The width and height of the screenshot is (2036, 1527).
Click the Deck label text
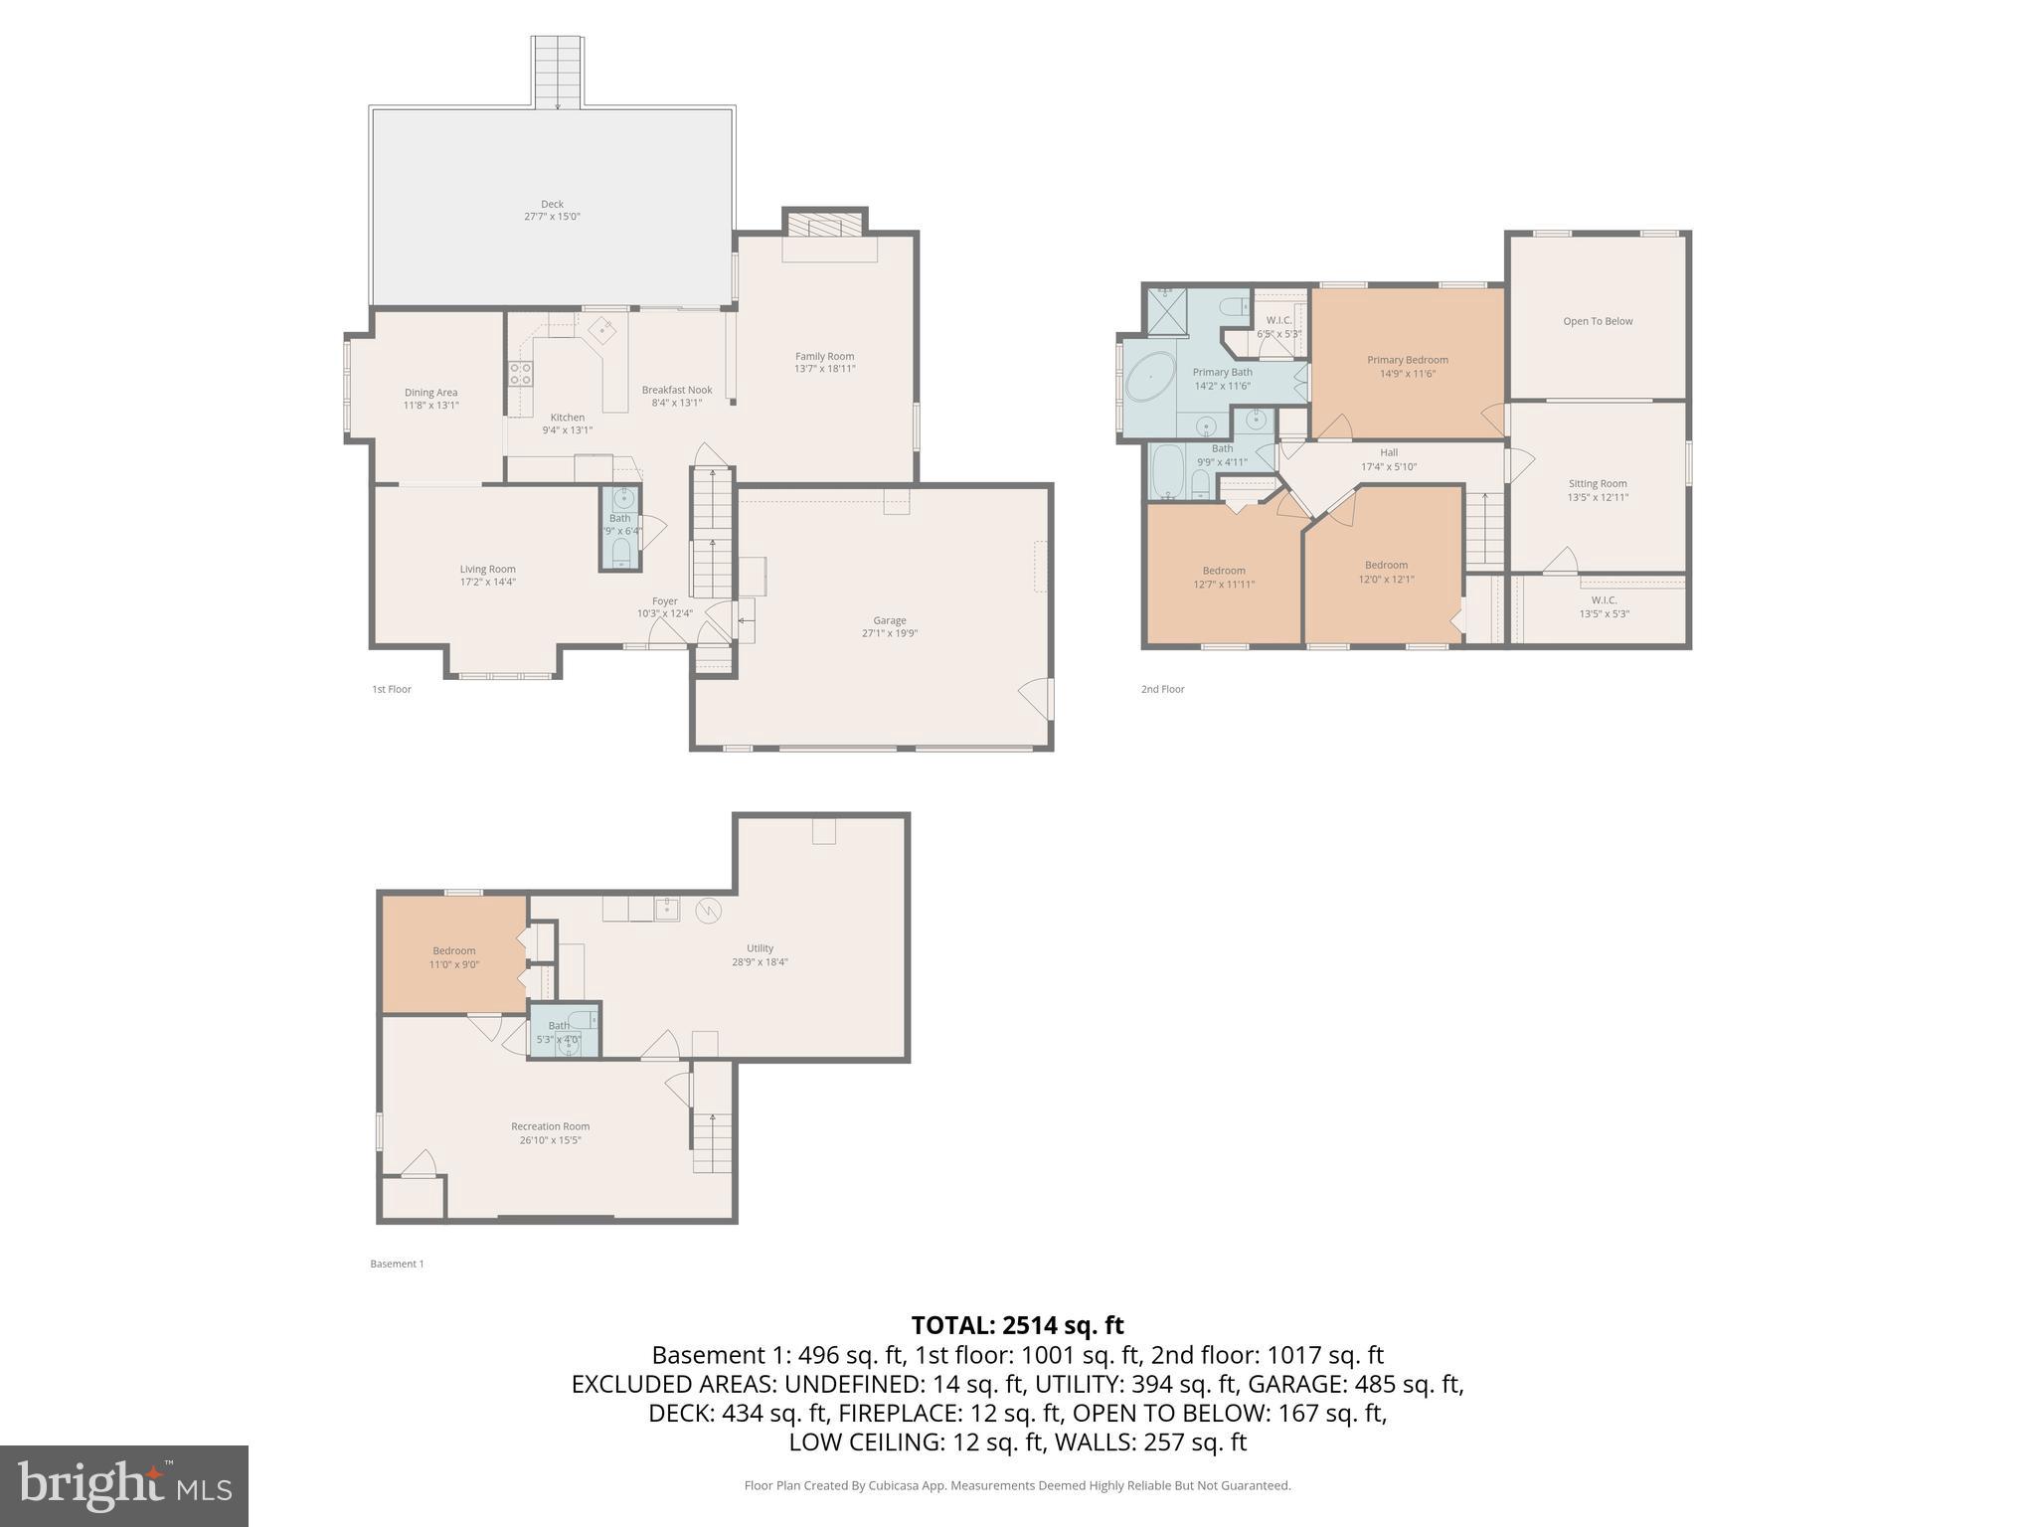point(552,205)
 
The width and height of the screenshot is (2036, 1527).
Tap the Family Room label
point(824,357)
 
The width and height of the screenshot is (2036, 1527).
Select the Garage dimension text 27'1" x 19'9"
point(889,633)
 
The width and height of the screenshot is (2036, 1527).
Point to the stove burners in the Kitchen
point(520,374)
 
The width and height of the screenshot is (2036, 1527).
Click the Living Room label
point(487,570)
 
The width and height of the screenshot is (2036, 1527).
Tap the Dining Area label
point(430,393)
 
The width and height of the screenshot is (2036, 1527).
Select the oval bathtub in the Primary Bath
point(1148,385)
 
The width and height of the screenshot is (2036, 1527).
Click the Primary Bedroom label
point(1407,360)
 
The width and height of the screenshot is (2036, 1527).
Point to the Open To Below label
point(1598,321)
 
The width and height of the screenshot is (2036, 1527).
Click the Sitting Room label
point(1598,484)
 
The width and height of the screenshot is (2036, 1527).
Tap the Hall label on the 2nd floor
point(1389,453)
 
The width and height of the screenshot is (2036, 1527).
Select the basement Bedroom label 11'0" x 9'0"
point(454,957)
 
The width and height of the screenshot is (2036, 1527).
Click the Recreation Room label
point(550,1126)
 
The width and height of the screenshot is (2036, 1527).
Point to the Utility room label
point(760,948)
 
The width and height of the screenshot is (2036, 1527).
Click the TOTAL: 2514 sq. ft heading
point(1017,1325)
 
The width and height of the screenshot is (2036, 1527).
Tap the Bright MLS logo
point(124,1486)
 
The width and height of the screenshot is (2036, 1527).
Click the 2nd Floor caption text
point(1162,689)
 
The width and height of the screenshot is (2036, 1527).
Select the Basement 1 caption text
point(397,1264)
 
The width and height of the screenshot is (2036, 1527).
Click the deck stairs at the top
point(557,72)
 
